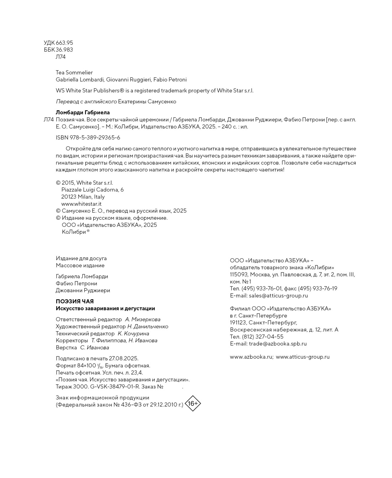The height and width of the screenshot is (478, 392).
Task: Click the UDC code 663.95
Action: [x=64, y=43]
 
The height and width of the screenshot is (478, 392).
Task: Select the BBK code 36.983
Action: [x=64, y=50]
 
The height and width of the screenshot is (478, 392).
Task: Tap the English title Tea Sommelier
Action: [x=74, y=72]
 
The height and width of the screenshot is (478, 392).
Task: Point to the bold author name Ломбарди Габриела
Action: [x=83, y=113]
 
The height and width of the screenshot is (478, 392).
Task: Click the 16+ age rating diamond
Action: [x=193, y=403]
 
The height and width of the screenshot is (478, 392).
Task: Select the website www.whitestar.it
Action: [x=81, y=204]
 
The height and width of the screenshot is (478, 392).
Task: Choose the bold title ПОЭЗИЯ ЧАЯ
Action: [x=75, y=301]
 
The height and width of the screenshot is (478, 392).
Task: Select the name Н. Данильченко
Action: [x=148, y=326]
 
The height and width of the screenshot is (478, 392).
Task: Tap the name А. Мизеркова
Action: [x=143, y=320]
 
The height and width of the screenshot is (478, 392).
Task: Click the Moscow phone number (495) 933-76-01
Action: [x=262, y=289]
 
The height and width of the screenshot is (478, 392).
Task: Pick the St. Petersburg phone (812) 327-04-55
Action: [x=263, y=337]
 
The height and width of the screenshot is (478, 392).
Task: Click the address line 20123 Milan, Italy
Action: [x=83, y=197]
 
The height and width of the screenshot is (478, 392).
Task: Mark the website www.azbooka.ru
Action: [x=251, y=357]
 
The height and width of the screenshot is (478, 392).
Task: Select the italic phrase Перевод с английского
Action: [x=86, y=102]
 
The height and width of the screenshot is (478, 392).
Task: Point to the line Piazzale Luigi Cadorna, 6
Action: [x=93, y=190]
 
